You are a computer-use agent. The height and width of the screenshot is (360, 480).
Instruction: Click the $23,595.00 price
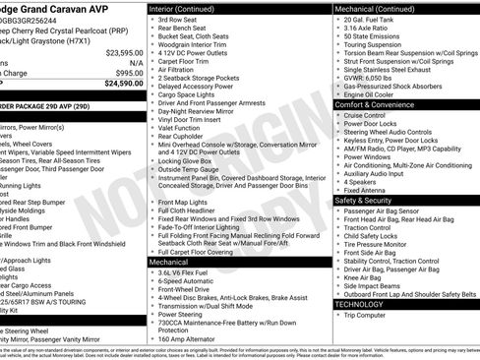point(124,52)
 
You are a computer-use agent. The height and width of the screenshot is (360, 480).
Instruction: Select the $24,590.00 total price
point(124,83)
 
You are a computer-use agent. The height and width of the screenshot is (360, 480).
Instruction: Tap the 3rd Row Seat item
point(179,19)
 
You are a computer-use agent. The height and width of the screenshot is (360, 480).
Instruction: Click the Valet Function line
point(182,127)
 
